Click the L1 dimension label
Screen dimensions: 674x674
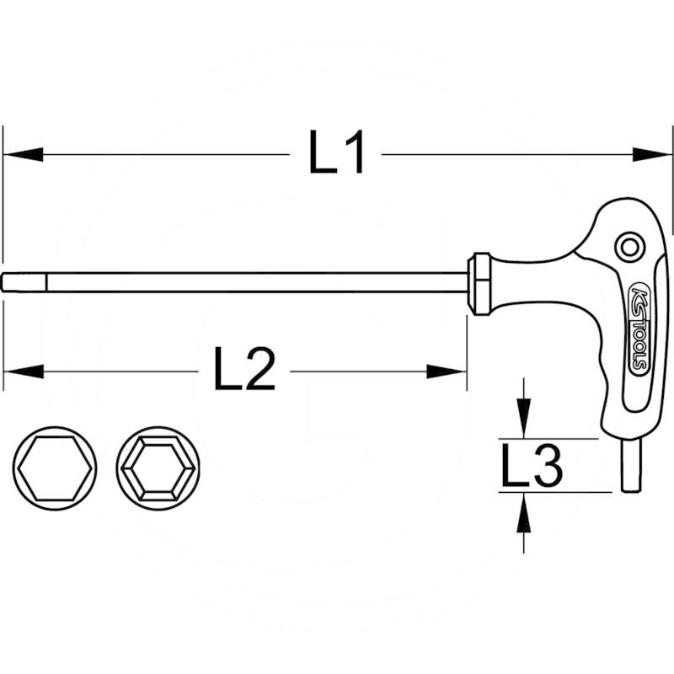[x=337, y=155]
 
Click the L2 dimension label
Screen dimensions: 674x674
[x=244, y=372]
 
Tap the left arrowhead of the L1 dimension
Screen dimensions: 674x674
[x=22, y=154]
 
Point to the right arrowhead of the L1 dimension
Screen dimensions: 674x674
[x=654, y=154]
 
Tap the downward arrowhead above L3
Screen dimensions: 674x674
[x=524, y=420]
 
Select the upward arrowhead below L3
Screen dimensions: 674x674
[x=524, y=512]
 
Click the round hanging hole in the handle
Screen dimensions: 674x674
[x=628, y=247]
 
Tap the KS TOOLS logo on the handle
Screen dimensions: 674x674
[x=636, y=329]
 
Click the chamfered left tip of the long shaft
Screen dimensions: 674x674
[x=8, y=282]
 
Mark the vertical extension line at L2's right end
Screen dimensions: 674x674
[x=467, y=354]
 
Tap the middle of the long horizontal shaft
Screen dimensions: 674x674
[x=236, y=282]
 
